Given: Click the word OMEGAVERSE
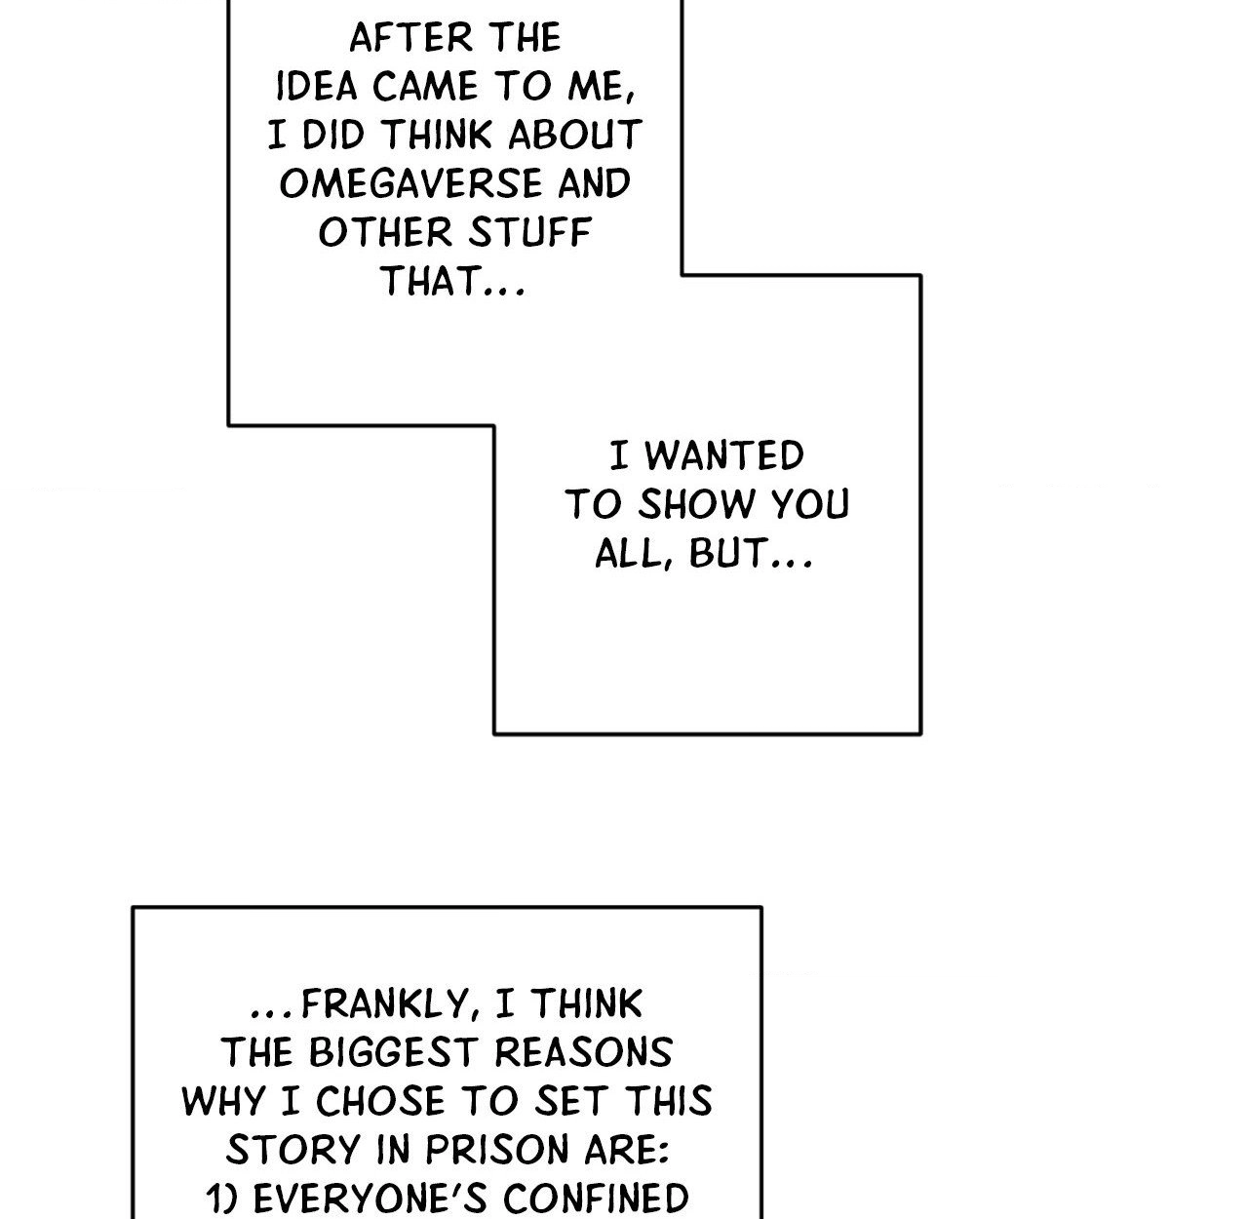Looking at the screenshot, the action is (411, 183).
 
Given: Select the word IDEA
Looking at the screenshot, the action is (316, 87).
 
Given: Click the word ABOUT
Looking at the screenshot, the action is (575, 135).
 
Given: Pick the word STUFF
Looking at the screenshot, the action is (529, 232).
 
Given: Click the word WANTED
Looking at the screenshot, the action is (724, 455).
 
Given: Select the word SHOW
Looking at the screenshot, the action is (697, 504).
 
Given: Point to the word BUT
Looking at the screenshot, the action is (728, 553).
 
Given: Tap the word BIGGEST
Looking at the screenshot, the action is (393, 1053).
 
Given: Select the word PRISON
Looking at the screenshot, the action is (497, 1150).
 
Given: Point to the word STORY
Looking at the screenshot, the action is (293, 1150).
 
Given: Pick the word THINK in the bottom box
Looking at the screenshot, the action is (587, 1004).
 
